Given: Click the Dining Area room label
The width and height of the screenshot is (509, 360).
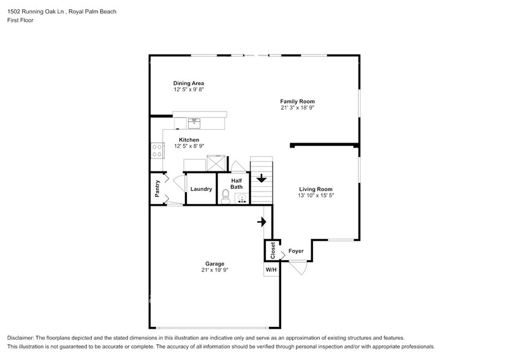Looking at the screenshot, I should point(188,83).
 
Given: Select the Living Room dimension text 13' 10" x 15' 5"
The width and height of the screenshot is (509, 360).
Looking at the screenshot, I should point(315,196).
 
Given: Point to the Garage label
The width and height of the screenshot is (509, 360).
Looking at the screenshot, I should point(214,264).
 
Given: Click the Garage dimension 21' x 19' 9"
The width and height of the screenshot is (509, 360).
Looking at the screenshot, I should point(214,270).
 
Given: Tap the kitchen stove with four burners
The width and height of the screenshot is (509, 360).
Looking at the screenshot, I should point(157,150).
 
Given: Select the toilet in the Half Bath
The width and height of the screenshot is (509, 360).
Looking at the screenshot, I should point(225,197).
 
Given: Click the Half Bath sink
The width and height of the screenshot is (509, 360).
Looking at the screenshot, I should point(242,198).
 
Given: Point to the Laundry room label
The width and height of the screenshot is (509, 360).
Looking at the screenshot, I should point(201,189).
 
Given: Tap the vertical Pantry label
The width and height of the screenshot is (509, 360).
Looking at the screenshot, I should point(157,188).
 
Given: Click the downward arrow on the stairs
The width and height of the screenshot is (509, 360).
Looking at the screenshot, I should point(262,179).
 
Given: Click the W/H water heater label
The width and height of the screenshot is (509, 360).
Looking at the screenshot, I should point(271,269).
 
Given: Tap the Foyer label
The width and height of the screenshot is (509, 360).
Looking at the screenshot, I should point(296,251).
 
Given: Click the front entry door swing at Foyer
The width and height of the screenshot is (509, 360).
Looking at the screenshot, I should point(298,267).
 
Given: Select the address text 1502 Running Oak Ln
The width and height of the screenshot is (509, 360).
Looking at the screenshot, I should point(38,12).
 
